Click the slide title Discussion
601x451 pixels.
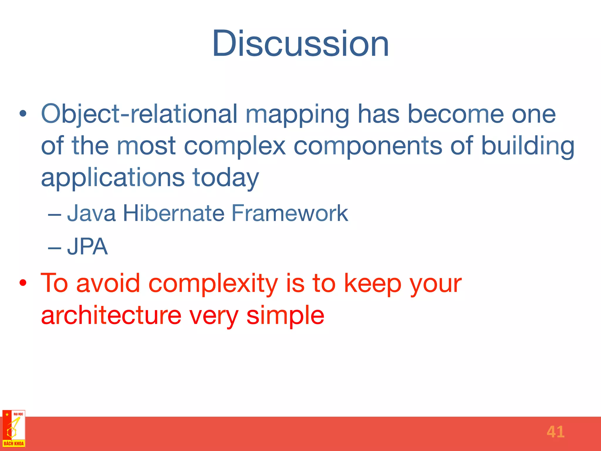click(300, 44)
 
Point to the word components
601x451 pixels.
click(368, 146)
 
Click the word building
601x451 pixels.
click(528, 146)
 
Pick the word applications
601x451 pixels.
click(113, 178)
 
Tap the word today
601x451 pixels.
click(226, 178)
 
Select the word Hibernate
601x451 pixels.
click(173, 213)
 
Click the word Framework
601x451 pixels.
click(290, 213)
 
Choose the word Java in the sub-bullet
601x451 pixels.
click(91, 213)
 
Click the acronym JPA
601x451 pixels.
click(87, 247)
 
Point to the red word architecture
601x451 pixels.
click(111, 315)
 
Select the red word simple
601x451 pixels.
click(285, 316)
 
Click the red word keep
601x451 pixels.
click(373, 284)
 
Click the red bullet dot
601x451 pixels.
click(23, 283)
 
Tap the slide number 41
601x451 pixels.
click(556, 432)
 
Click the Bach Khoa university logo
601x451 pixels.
click(13, 428)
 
